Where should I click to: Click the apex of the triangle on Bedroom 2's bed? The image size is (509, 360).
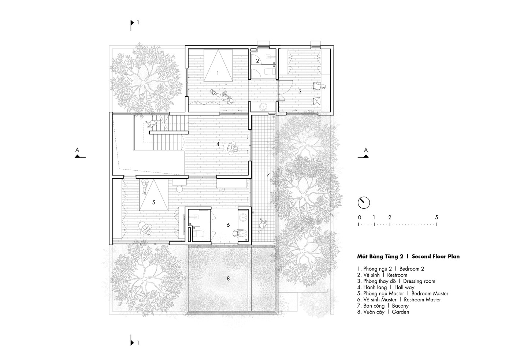point(218,50)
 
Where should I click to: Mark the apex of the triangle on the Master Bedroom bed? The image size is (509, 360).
point(154,179)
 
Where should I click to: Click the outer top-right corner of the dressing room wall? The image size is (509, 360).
point(334,46)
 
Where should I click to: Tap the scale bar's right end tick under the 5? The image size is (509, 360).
point(437,224)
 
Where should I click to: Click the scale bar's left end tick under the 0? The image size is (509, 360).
point(358,224)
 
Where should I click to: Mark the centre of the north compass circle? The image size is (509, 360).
point(364,203)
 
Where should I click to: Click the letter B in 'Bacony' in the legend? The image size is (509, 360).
point(394,306)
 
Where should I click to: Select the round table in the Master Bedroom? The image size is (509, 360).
point(180,189)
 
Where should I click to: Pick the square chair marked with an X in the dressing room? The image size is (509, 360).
point(316,101)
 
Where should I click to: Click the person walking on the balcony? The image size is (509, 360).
point(263,225)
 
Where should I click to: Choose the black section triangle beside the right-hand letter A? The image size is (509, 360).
point(365,156)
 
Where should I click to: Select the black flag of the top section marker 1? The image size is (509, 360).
point(132,23)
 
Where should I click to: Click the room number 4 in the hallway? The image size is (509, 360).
point(218,144)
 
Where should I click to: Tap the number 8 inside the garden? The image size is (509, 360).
point(228,279)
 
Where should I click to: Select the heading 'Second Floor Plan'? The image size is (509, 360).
point(436,257)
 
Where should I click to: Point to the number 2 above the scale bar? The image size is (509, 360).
point(390,217)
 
